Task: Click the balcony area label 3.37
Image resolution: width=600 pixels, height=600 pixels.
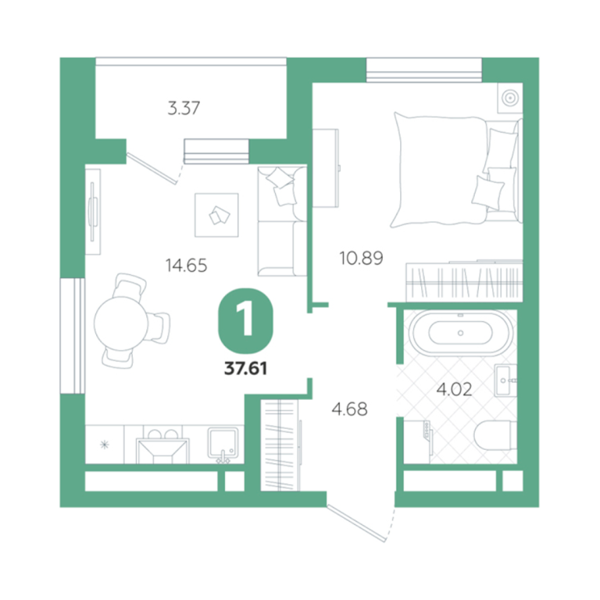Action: tap(184, 109)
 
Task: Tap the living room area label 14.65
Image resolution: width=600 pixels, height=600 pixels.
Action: tap(187, 265)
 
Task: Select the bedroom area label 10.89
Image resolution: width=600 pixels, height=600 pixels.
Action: tap(361, 259)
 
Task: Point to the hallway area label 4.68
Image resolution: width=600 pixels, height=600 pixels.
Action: tap(349, 409)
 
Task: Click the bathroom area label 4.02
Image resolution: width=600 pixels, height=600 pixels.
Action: tap(454, 390)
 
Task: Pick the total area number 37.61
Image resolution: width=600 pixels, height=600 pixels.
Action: tap(245, 369)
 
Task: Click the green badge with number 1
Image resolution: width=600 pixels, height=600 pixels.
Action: tap(245, 320)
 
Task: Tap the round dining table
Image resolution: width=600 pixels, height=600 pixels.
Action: tap(121, 323)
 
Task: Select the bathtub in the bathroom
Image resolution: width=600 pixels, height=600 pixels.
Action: tap(461, 333)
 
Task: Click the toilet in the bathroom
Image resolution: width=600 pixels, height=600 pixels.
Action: tap(495, 436)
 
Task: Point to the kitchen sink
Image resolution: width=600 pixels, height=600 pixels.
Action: tap(223, 443)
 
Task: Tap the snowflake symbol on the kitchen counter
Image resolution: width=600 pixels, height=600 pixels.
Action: tap(105, 445)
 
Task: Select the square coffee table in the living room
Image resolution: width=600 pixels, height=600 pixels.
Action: tap(216, 215)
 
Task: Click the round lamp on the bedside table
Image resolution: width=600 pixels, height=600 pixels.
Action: tap(509, 98)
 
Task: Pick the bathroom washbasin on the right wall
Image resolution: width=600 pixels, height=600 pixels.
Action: tap(505, 380)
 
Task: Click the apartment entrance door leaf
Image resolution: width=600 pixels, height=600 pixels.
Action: tap(356, 523)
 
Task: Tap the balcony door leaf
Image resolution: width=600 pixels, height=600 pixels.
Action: tap(152, 169)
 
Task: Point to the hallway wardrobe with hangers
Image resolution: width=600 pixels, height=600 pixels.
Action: tap(280, 445)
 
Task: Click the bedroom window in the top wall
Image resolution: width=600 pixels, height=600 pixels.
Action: tap(424, 70)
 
